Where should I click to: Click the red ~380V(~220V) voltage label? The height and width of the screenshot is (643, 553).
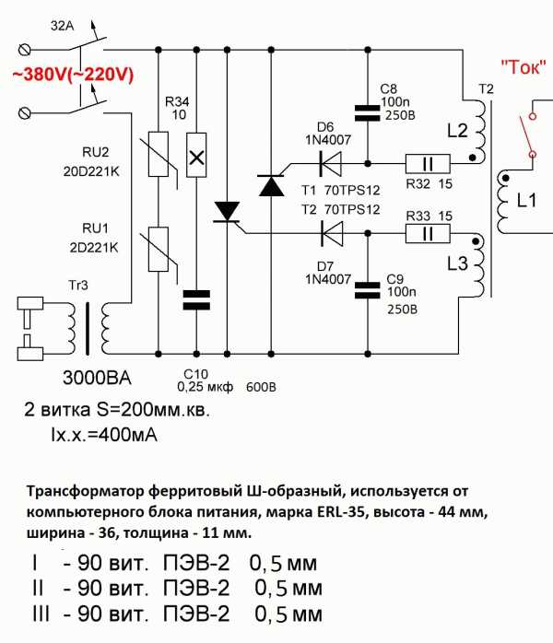[73, 76]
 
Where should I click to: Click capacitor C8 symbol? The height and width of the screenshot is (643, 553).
[367, 111]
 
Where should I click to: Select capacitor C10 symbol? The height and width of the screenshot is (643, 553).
[196, 297]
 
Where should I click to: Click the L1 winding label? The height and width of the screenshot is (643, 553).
[526, 201]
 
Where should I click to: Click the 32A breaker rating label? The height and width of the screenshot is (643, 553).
[63, 28]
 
